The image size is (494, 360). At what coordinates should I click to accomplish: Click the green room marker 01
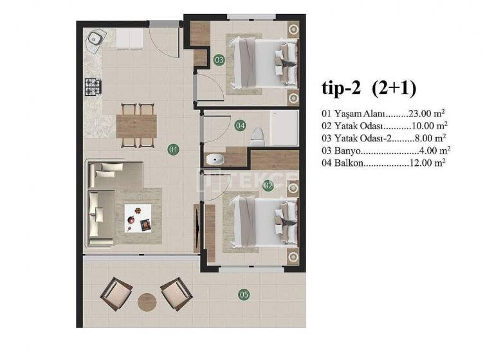[x=173, y=149]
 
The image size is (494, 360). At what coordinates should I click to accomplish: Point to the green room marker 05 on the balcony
[x=244, y=295]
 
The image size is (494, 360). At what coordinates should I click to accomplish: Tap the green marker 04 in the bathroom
[x=240, y=125]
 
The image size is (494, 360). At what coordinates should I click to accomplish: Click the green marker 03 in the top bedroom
[x=219, y=60]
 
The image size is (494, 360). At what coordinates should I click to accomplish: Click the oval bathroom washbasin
[x=214, y=159]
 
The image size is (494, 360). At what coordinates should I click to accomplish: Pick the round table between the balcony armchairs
[x=147, y=301]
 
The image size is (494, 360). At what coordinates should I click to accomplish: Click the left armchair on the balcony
[x=116, y=293]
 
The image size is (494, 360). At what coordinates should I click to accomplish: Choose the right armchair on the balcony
[x=176, y=294]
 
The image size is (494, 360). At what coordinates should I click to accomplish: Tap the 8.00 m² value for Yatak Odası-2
[x=429, y=138]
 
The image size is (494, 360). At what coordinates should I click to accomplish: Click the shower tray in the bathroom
[x=284, y=127]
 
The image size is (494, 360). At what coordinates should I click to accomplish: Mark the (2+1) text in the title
[x=394, y=88]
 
